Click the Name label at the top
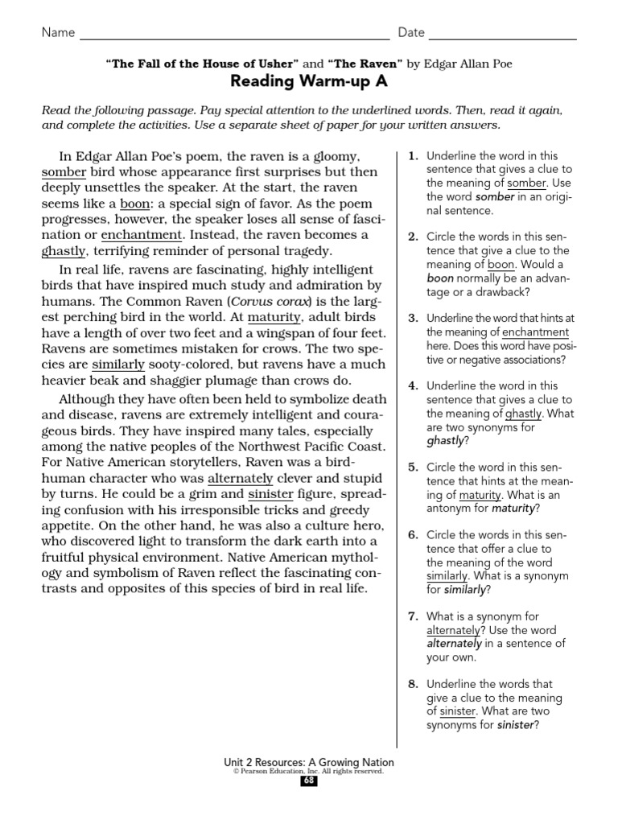(58, 33)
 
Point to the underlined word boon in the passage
(134, 204)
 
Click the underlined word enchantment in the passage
(142, 235)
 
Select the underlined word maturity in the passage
(274, 317)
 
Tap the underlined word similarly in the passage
(118, 364)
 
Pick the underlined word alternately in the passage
(241, 478)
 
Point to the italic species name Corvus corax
(270, 302)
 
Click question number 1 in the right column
(413, 156)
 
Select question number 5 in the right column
(413, 467)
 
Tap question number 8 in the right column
(413, 684)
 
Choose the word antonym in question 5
(449, 509)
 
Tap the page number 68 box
(309, 781)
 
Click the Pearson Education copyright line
(309, 771)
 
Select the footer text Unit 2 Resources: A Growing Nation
(309, 761)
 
